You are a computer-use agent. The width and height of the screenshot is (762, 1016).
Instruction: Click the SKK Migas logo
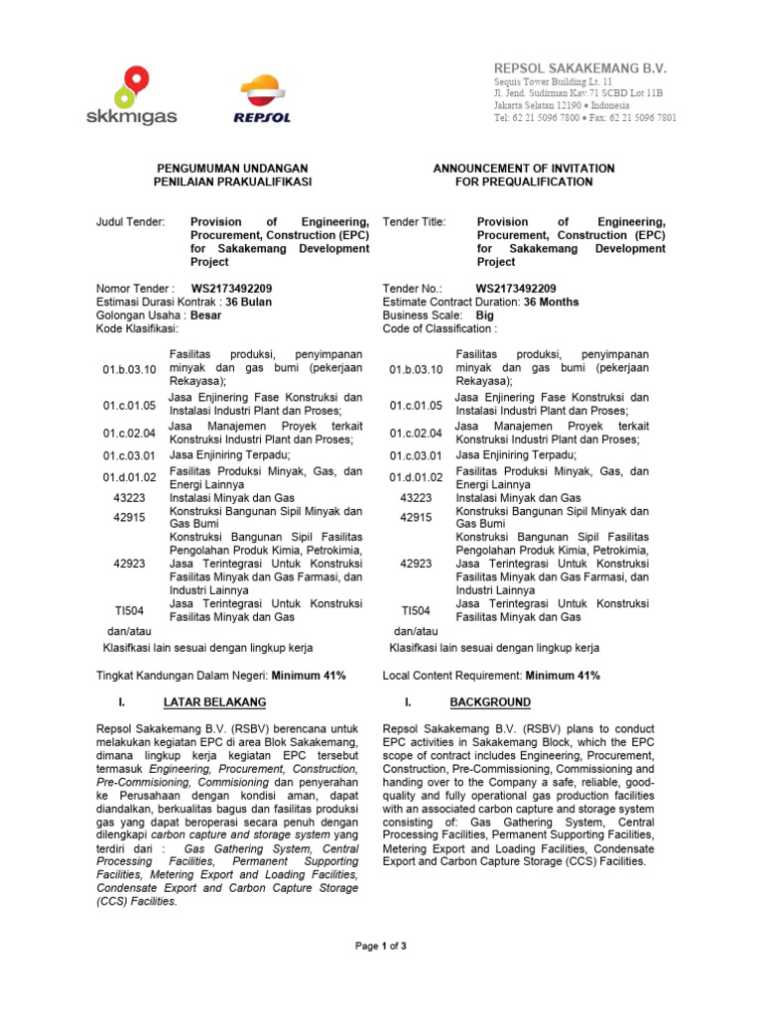[144, 95]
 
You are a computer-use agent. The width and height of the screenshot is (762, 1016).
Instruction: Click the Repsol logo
[263, 100]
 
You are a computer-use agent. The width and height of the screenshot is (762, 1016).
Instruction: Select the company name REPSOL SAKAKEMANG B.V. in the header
[580, 66]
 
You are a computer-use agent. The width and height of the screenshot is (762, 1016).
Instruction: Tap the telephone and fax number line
[585, 118]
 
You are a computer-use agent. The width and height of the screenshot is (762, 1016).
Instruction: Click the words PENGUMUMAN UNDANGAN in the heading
[232, 169]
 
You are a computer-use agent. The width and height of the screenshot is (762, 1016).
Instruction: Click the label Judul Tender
[130, 222]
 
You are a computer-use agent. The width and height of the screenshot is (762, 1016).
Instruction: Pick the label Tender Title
[414, 222]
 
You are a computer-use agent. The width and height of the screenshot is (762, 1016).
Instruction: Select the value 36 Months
[551, 303]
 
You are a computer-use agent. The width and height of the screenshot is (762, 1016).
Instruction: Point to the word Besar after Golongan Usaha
[205, 316]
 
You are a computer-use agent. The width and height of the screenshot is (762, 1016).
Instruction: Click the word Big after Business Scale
[485, 316]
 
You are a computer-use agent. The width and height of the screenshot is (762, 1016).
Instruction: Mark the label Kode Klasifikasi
[137, 328]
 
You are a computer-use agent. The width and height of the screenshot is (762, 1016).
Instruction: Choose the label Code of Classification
[440, 328]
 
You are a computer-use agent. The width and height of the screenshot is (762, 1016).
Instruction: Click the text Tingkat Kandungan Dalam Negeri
[175, 676]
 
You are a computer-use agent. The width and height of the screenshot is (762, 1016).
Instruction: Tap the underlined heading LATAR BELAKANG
[214, 702]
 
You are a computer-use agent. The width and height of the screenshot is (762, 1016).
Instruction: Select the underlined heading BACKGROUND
[490, 702]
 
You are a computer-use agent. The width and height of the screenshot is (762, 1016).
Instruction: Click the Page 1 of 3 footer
[381, 947]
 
